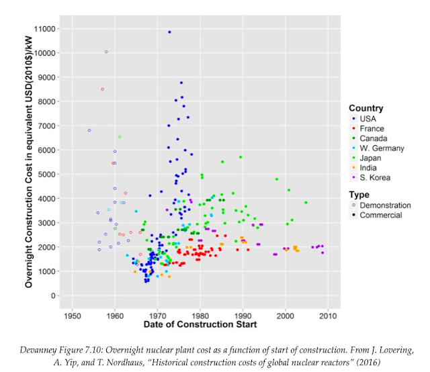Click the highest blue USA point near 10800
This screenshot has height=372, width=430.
click(169, 32)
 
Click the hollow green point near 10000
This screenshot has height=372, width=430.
click(106, 52)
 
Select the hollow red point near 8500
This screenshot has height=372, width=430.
click(102, 89)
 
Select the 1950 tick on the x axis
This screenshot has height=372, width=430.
click(73, 314)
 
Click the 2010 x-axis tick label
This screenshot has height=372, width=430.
click(328, 314)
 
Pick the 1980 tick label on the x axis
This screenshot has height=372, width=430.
click(200, 314)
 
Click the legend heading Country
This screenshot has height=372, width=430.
click(366, 107)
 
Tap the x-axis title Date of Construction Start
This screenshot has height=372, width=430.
click(200, 325)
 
